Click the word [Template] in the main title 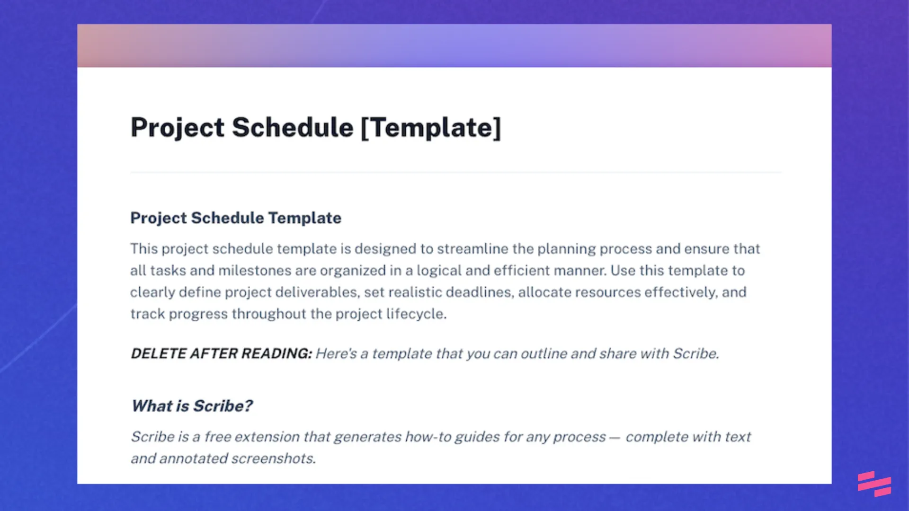click(x=431, y=128)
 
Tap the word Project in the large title click(x=177, y=128)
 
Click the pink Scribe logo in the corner click(x=874, y=484)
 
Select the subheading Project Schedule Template click(x=236, y=218)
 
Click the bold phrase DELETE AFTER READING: click(x=221, y=353)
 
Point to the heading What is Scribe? click(x=192, y=406)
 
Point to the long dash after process click(x=615, y=438)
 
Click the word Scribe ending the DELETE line click(x=695, y=353)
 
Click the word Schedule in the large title click(x=292, y=128)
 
